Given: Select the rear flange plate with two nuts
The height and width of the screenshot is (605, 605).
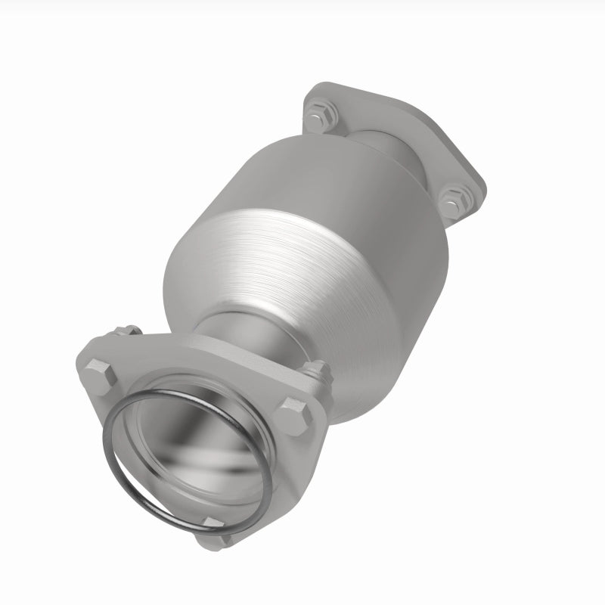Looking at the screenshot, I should click(461, 166).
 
